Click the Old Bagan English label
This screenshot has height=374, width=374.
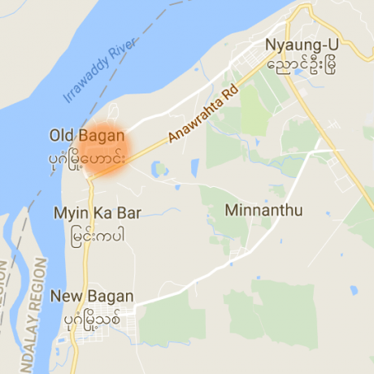point(86,134)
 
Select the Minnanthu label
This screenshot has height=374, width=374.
point(263,211)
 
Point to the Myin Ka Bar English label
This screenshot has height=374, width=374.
point(97,214)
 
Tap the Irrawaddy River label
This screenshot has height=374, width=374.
point(99,73)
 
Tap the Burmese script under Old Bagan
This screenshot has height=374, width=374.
point(87,154)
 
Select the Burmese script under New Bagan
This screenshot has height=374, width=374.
point(90,318)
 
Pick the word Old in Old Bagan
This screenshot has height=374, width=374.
point(62,134)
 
